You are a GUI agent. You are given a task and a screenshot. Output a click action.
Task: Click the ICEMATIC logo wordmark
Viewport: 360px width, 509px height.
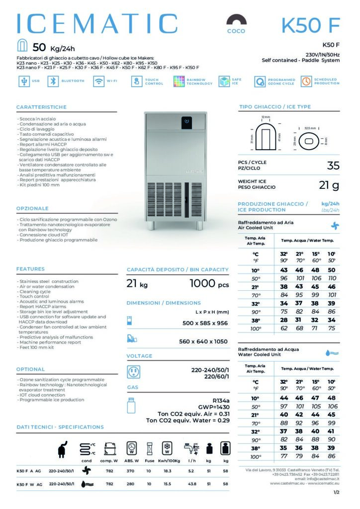coord(97,24)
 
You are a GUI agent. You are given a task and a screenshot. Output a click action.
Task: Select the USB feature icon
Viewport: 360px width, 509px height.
coord(23,82)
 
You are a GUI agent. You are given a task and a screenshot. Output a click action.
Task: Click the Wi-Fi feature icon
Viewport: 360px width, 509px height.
coord(98,82)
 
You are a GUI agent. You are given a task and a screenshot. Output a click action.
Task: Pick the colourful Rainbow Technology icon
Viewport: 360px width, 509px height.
coord(179,82)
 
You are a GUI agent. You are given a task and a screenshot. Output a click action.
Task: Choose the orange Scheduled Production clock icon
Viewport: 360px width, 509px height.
coord(306,82)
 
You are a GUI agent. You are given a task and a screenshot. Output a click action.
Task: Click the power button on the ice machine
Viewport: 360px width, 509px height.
coord(186,120)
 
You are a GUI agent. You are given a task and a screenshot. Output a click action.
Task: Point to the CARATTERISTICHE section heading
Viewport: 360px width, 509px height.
coord(41,107)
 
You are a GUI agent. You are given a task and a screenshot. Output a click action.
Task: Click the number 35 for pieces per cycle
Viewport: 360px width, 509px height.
coord(333,166)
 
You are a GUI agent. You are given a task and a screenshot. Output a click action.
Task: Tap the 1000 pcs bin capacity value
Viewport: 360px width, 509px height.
coord(209,284)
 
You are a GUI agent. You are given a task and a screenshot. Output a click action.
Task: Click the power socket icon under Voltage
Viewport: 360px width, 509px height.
coord(133,372)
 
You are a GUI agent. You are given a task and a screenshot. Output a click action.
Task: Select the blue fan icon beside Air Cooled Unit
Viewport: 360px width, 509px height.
coord(335,225)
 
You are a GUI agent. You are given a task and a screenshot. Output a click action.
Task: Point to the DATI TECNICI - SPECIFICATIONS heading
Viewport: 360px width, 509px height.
coord(60,427)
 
